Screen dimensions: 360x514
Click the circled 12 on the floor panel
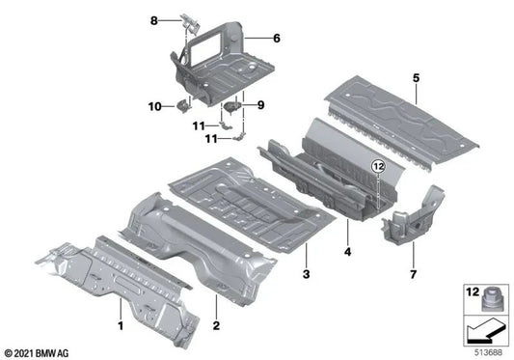378,167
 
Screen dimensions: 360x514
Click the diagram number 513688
487,351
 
